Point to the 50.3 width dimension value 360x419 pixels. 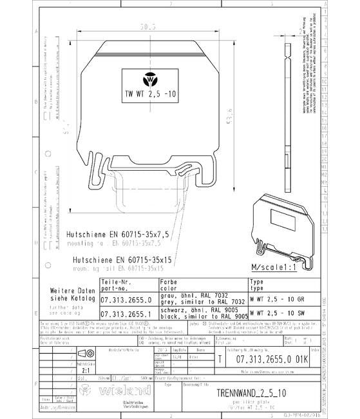coord(149,27)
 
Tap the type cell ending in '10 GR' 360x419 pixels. coord(277,300)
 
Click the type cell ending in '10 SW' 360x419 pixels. coord(277,313)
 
